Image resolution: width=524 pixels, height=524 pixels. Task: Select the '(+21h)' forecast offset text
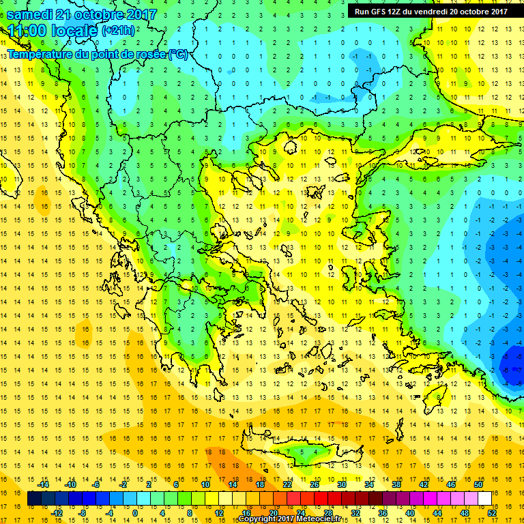tap(118, 30)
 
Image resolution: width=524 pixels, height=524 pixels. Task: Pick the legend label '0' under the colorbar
tap(134, 514)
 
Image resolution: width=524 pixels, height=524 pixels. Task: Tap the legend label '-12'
tap(57, 514)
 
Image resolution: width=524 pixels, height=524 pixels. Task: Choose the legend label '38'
tap(396, 484)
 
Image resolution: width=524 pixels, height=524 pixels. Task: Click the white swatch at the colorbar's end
tap(484, 499)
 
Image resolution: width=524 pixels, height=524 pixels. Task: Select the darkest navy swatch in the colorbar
tap(34, 499)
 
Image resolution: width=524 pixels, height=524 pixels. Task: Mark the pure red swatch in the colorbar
tap(320, 499)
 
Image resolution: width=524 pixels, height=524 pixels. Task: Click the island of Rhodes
tap(437, 396)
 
